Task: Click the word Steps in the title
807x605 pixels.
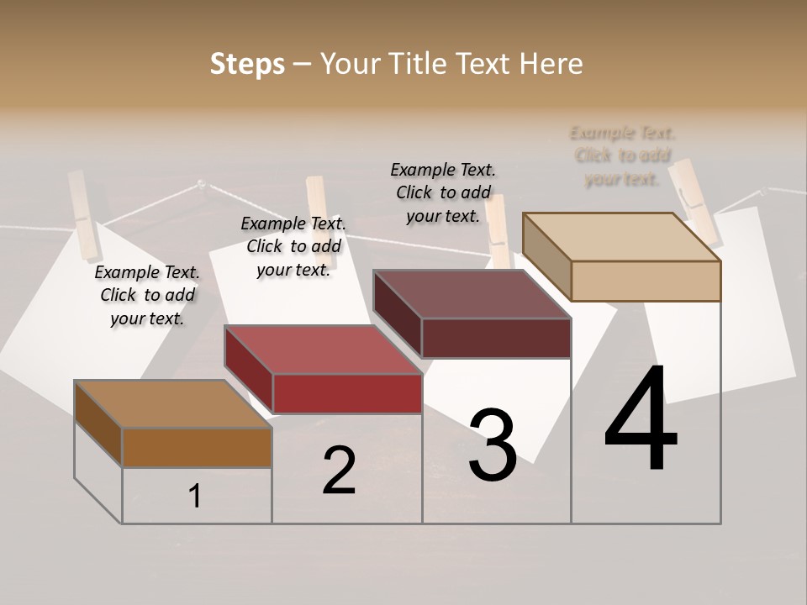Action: [x=247, y=64]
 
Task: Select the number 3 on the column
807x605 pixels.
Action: [x=492, y=445]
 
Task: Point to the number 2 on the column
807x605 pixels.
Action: [x=339, y=471]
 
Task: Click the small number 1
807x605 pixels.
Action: [x=195, y=496]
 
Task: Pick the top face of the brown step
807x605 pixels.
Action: [x=172, y=404]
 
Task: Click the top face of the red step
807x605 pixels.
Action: [x=323, y=350]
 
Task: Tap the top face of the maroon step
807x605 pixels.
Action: [x=472, y=294]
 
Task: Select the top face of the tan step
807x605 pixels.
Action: [x=621, y=236]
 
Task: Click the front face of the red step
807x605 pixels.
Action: [x=347, y=393]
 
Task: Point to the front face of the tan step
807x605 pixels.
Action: [x=646, y=281]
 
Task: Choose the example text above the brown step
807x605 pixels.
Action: [x=147, y=295]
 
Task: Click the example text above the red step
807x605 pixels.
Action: [x=293, y=246]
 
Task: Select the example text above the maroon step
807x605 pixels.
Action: [x=443, y=192]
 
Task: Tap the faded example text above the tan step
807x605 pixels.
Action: [x=623, y=155]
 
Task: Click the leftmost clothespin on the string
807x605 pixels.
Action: [x=84, y=214]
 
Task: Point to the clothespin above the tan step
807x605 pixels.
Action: [x=694, y=197]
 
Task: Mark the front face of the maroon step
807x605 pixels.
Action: [x=496, y=338]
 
